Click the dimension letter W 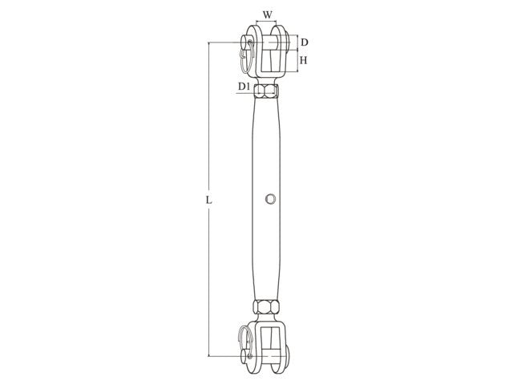[x=267, y=13]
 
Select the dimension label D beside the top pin [x=305, y=42]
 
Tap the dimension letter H [x=305, y=60]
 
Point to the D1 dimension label [x=242, y=86]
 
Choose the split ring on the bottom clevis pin [x=248, y=341]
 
